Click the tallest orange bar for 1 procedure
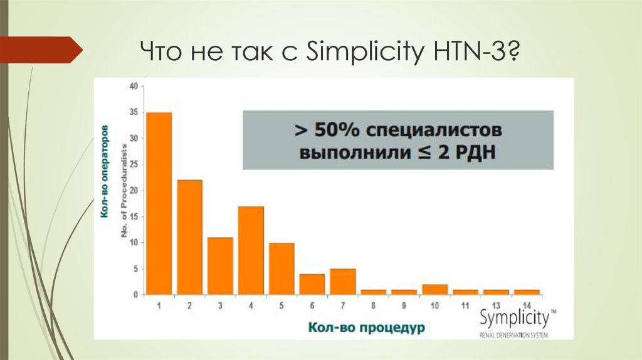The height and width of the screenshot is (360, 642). pos(159,203)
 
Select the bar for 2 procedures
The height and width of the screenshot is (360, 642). pos(189,237)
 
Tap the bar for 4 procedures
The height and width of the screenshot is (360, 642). pos(251,250)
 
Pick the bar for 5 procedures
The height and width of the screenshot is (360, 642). pos(282,268)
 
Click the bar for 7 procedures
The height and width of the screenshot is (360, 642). pos(343,282)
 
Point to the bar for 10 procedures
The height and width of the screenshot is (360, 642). pos(434,289)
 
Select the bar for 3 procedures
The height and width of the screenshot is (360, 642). pos(220,266)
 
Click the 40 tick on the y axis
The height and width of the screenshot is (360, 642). pos(133,86)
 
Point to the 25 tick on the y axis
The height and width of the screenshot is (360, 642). pos(133,164)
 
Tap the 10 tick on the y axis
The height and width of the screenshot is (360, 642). pos(133,243)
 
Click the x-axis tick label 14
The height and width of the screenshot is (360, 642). pos(526,305)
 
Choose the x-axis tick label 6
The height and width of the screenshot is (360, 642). pos(312,305)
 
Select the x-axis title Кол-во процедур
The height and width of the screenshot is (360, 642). pos(349,327)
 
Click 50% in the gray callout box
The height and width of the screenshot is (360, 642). pos(339,131)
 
